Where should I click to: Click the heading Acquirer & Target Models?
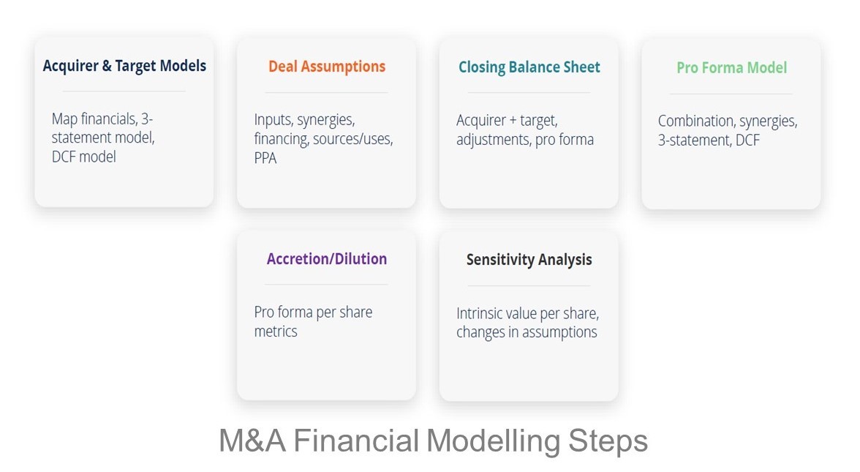[x=124, y=66]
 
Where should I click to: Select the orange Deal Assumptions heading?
[x=327, y=67]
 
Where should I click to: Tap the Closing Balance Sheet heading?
[x=529, y=67]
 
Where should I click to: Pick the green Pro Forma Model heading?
[x=731, y=68]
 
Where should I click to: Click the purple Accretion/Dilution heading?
[x=327, y=259]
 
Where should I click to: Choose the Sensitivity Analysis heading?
[x=529, y=260]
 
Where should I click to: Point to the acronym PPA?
[x=265, y=157]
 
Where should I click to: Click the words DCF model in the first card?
[x=83, y=156]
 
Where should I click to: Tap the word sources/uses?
[x=353, y=138]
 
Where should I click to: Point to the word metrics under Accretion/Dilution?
[x=276, y=331]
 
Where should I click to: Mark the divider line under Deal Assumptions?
[x=326, y=93]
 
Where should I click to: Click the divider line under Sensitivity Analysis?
[x=529, y=285]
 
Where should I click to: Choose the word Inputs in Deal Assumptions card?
[x=273, y=120]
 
